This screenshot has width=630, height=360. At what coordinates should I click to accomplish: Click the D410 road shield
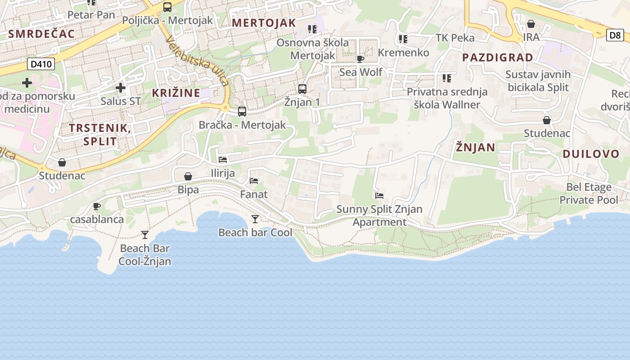pyautogui.click(x=42, y=64)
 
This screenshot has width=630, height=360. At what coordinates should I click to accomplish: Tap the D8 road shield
pyautogui.click(x=615, y=35)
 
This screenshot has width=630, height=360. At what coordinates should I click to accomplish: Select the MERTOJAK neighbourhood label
pyautogui.click(x=264, y=23)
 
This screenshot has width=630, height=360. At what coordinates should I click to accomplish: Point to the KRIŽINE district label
pyautogui.click(x=176, y=93)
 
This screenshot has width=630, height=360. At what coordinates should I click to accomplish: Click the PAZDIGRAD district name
pyautogui.click(x=497, y=58)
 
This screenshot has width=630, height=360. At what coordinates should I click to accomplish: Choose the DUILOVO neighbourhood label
pyautogui.click(x=591, y=154)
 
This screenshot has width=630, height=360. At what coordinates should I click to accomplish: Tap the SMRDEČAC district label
pyautogui.click(x=41, y=34)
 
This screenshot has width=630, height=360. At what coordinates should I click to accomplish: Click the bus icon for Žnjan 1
pyautogui.click(x=302, y=89)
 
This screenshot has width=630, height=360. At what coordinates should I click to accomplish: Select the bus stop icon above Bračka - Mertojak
pyautogui.click(x=242, y=111)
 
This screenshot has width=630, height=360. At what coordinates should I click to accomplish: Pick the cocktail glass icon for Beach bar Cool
pyautogui.click(x=255, y=219)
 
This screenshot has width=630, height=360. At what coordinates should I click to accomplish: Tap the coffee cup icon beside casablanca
pyautogui.click(x=96, y=206)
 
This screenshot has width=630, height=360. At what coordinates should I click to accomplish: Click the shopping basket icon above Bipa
pyautogui.click(x=188, y=176)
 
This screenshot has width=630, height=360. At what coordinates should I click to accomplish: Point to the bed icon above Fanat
pyautogui.click(x=254, y=181)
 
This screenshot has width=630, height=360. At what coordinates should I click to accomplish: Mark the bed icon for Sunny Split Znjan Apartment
pyautogui.click(x=379, y=195)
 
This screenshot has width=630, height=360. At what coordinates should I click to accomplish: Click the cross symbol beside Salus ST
pyautogui.click(x=120, y=88)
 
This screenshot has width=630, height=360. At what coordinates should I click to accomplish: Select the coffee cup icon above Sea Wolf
pyautogui.click(x=360, y=58)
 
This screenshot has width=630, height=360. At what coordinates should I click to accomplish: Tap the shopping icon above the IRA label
pyautogui.click(x=531, y=24)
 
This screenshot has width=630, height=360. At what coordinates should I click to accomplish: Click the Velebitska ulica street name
pyautogui.click(x=197, y=61)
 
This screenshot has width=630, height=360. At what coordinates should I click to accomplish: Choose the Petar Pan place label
pyautogui.click(x=91, y=15)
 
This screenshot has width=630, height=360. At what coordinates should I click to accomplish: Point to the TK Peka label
pyautogui.click(x=455, y=38)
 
